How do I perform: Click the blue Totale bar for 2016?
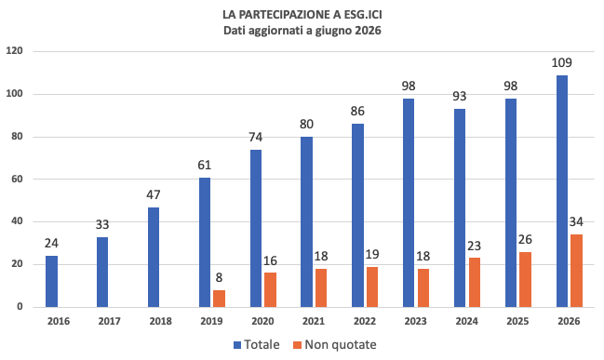click(x=51, y=282)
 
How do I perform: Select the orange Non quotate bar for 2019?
click(x=220, y=299)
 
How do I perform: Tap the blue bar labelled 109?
click(x=562, y=192)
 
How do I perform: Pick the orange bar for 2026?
click(x=577, y=271)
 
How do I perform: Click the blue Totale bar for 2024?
click(x=460, y=208)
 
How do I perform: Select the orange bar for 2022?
click(x=372, y=287)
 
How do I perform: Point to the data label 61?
click(x=205, y=166)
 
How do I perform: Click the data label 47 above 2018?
click(x=154, y=194)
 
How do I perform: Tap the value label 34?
click(x=576, y=221)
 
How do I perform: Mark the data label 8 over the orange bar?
click(x=220, y=277)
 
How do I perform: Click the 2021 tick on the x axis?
click(x=314, y=321)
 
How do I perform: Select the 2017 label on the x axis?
click(x=110, y=321)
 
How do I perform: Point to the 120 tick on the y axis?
click(x=14, y=51)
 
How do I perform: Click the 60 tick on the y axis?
click(x=18, y=179)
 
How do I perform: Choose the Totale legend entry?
click(x=257, y=344)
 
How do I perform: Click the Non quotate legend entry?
click(x=335, y=344)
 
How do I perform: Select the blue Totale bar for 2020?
click(x=256, y=228)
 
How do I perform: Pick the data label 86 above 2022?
click(x=357, y=112)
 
